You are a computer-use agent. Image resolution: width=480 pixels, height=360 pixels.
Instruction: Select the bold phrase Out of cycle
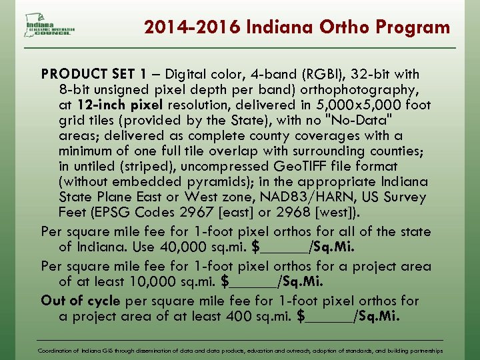[x=79, y=300]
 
